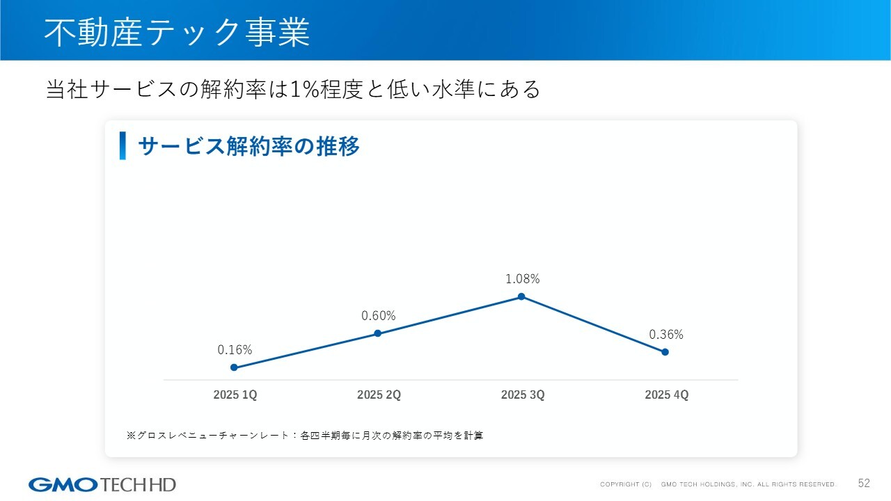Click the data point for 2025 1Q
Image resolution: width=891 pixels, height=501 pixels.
coord(234,367)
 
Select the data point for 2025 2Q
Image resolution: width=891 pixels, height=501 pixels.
coord(378,333)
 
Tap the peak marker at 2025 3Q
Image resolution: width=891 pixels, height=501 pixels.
coord(521,296)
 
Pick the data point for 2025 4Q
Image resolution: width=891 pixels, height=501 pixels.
coord(665,352)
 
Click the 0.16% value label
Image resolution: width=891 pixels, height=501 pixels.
coord(235,350)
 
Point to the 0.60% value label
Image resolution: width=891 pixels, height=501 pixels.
coord(378,316)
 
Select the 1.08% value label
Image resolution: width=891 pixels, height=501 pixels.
coord(522,279)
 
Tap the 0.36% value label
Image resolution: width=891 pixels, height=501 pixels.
coord(666,335)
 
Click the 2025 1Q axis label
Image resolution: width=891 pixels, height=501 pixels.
coord(235,395)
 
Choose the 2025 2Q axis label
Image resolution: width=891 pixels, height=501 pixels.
coord(379,395)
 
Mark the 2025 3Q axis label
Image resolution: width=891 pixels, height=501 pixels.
coord(523,395)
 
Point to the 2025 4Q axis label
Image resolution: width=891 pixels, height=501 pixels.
coord(666,395)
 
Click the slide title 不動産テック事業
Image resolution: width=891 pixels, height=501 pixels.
coord(177,33)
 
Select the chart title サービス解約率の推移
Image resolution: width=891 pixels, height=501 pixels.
coord(249,147)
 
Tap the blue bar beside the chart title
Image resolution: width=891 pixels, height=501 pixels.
coord(123,146)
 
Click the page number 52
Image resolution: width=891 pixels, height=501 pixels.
coord(864,484)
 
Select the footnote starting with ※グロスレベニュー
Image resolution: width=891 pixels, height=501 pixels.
coord(304,436)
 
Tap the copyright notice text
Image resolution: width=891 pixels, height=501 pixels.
coord(718,484)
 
